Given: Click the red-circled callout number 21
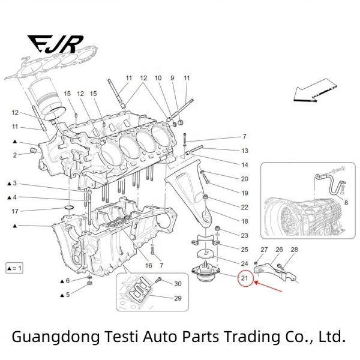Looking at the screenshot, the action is [x=245, y=278].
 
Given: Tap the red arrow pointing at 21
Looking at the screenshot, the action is [x=268, y=287].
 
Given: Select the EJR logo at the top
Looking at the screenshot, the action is [x=55, y=44].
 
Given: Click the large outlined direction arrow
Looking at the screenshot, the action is [x=315, y=91].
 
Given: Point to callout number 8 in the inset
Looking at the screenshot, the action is [x=346, y=203].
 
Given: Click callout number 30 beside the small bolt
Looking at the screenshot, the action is [x=178, y=284].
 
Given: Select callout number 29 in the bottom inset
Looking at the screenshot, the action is [x=178, y=298].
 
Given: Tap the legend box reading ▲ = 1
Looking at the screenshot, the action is [x=14, y=268].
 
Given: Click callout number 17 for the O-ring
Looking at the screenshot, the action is [x=15, y=211].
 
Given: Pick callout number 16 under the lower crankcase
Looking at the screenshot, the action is [x=149, y=265].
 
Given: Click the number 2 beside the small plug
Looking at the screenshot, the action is [x=15, y=155].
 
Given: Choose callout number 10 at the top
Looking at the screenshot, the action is [x=158, y=78].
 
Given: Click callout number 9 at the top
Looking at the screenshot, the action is [x=172, y=78].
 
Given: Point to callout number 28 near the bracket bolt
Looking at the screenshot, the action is [x=294, y=250].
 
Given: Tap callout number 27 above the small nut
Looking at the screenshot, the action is [x=264, y=250].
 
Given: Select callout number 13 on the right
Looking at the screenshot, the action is [x=245, y=151].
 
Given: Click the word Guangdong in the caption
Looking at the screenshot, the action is [x=56, y=337].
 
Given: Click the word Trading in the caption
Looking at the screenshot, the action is [x=253, y=337].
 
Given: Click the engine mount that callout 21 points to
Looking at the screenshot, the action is [x=205, y=273].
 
